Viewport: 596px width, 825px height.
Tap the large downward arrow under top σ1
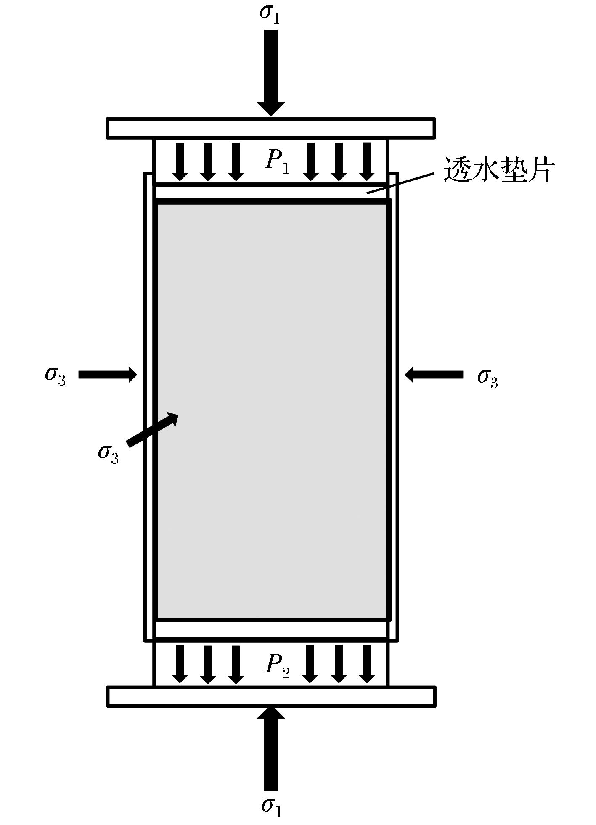point(271,71)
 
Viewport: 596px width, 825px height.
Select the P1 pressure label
point(278,161)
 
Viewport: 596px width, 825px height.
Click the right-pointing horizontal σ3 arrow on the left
point(108,374)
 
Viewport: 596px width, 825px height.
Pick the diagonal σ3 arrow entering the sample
point(153,429)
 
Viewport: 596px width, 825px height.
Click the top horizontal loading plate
point(271,128)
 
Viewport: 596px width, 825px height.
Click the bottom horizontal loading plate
point(271,696)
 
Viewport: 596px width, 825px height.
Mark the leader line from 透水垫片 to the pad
point(400,182)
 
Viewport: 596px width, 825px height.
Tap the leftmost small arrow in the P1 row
point(180,161)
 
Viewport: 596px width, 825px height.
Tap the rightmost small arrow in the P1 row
point(367,161)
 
